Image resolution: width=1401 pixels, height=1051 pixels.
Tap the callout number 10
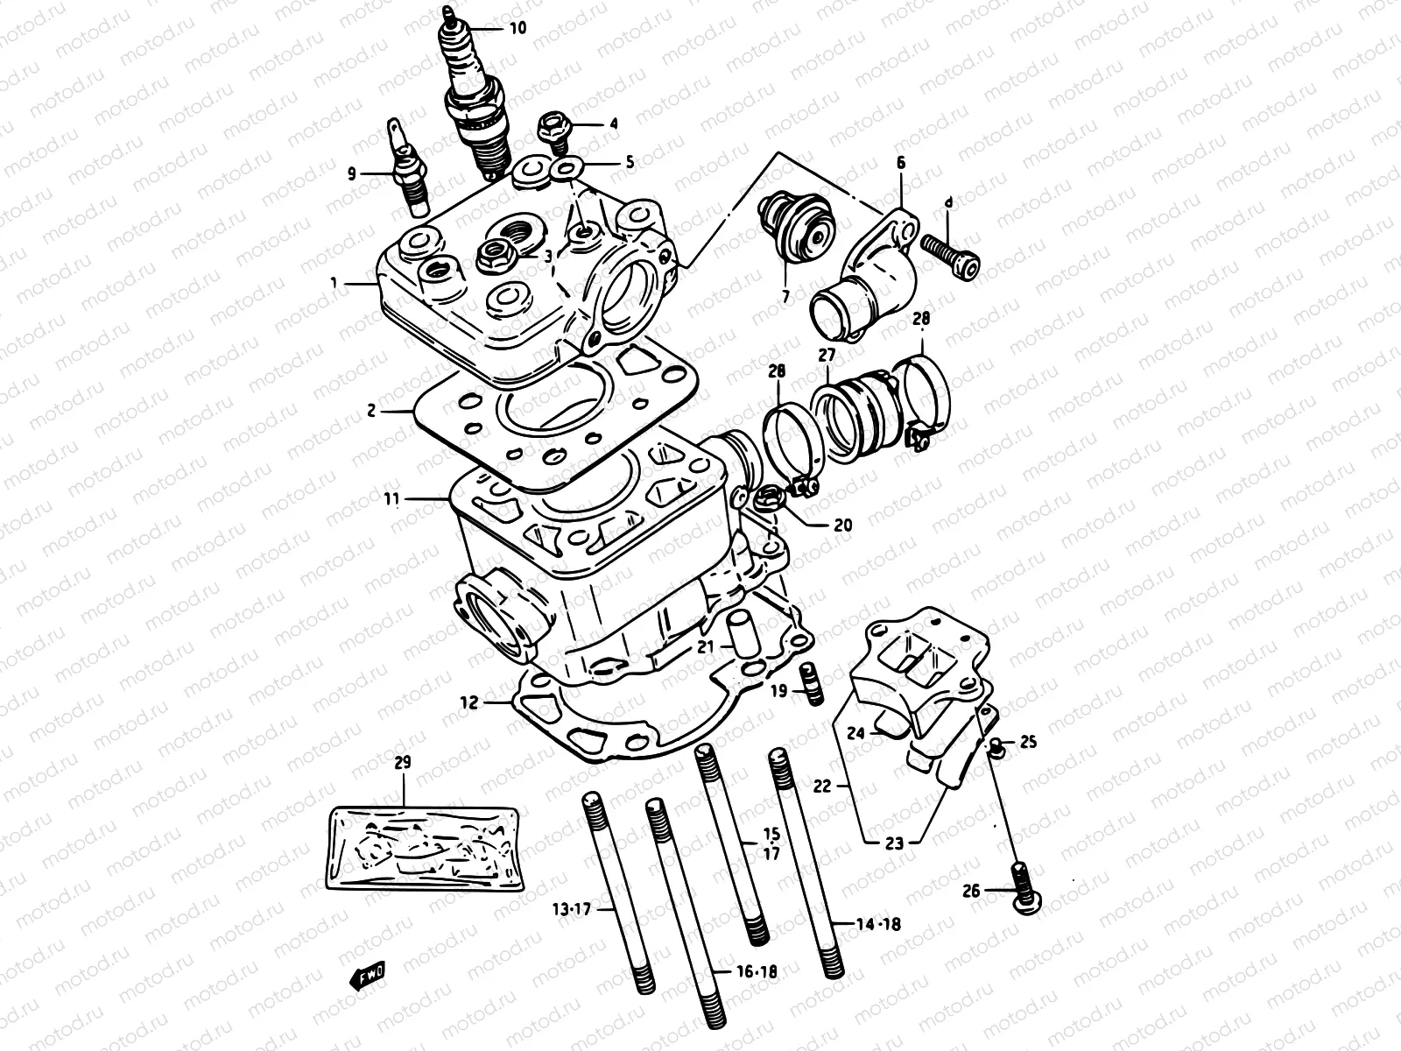(x=517, y=28)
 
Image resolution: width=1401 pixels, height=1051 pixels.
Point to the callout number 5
(x=629, y=162)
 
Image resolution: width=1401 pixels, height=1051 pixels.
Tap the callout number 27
(x=827, y=355)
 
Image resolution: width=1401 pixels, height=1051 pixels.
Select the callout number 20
(x=842, y=525)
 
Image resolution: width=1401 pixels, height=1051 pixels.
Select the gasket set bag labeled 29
(x=427, y=845)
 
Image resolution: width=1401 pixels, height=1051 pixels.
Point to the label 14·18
(x=879, y=924)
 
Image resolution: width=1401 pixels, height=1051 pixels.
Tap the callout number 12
(x=469, y=702)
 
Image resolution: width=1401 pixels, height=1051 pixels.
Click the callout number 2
(x=371, y=410)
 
